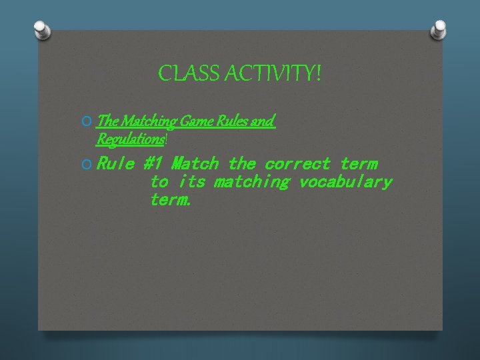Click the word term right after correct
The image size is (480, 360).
358,163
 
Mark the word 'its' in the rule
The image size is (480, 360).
191,182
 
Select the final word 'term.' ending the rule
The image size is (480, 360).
171,200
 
